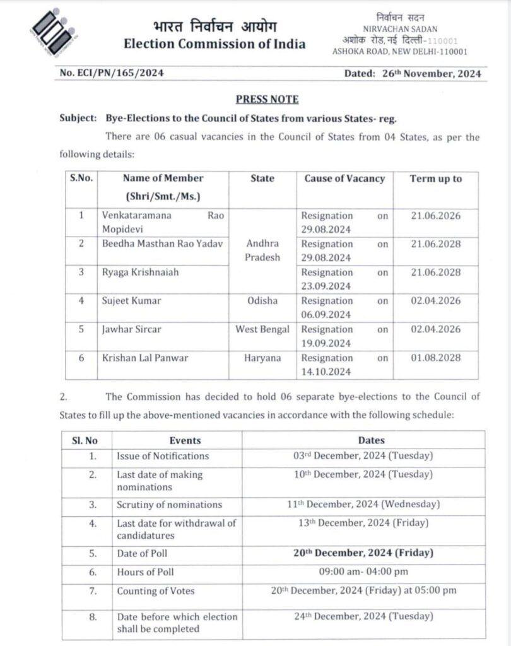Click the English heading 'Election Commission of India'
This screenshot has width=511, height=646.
click(214, 44)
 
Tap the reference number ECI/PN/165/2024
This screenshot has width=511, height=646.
click(112, 73)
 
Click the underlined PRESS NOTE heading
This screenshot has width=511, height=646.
click(267, 99)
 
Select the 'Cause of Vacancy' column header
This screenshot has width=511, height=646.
click(344, 179)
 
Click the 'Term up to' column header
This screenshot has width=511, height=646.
click(435, 179)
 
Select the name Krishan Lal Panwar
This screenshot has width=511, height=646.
click(145, 358)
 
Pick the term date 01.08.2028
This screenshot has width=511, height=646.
click(435, 358)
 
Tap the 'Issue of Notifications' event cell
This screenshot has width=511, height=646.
click(163, 455)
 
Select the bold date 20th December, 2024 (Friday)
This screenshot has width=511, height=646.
click(363, 553)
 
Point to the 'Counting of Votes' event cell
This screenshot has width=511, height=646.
click(156, 591)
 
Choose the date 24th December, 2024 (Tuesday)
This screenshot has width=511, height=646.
click(363, 616)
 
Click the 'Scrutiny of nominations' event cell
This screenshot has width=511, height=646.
click(169, 505)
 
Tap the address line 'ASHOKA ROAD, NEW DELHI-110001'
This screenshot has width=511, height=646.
click(400, 51)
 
